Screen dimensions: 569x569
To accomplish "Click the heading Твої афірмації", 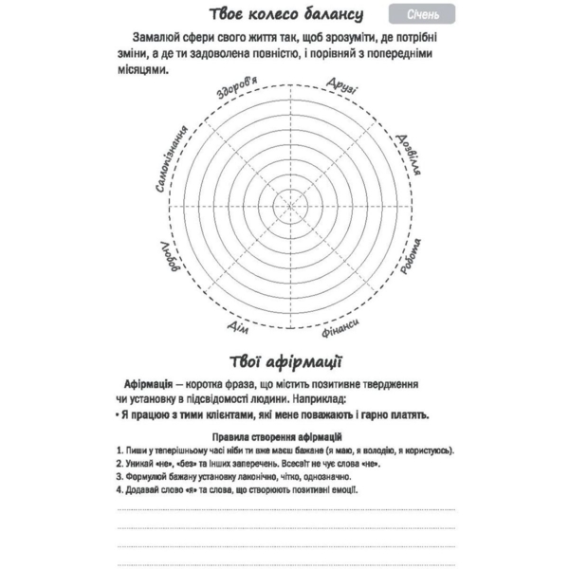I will tap(285, 362).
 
